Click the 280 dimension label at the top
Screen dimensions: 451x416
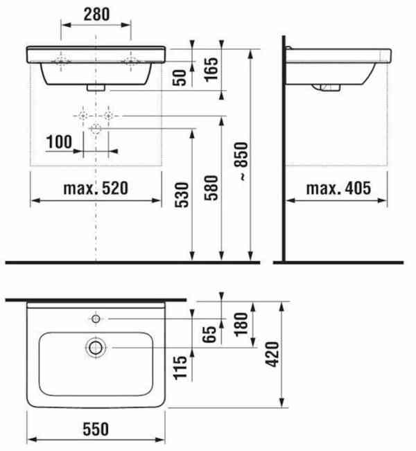[96, 13]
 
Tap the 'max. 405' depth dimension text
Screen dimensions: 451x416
[336, 188]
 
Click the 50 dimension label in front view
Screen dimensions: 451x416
[181, 76]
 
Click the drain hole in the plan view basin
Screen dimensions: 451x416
[95, 346]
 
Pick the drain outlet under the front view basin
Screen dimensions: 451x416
[95, 88]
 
